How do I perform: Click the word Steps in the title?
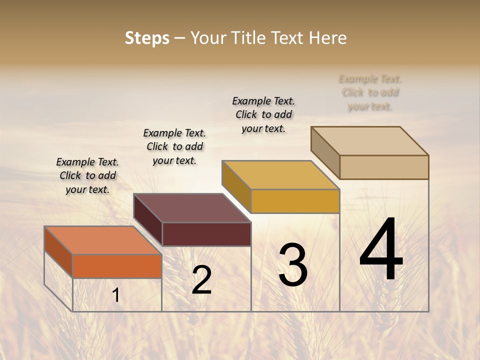pos(146,38)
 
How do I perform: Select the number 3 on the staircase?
pos(293,264)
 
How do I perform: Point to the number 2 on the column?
pos(201,280)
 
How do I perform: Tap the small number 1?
pos(116,295)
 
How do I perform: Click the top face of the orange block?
pos(102,240)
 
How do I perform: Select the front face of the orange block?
pos(117,266)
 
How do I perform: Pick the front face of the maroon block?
pos(206,234)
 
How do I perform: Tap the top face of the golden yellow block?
pos(280,175)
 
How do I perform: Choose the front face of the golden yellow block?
pos(295,201)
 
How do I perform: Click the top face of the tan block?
pos(369,141)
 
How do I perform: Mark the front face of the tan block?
pos(384,167)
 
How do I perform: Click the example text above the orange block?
pos(87,175)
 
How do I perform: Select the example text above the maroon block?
pos(174,146)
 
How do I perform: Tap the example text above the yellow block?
pos(263,114)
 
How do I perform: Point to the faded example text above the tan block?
pos(370,92)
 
